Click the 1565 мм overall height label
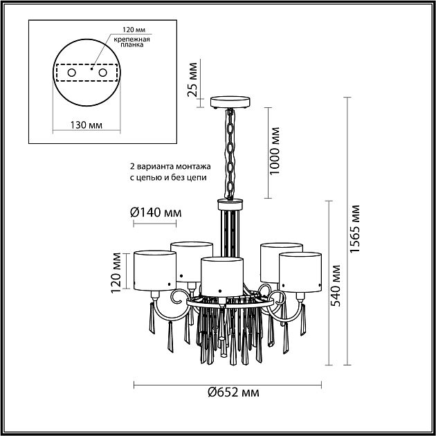click(356, 230)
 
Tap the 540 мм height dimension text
click(336, 287)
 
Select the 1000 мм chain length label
click(276, 152)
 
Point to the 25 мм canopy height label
click(194, 81)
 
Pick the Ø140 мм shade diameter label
click(152, 212)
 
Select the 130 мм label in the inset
click(87, 125)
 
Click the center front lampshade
click(222, 274)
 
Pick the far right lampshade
click(300, 270)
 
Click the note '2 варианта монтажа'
click(163, 167)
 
